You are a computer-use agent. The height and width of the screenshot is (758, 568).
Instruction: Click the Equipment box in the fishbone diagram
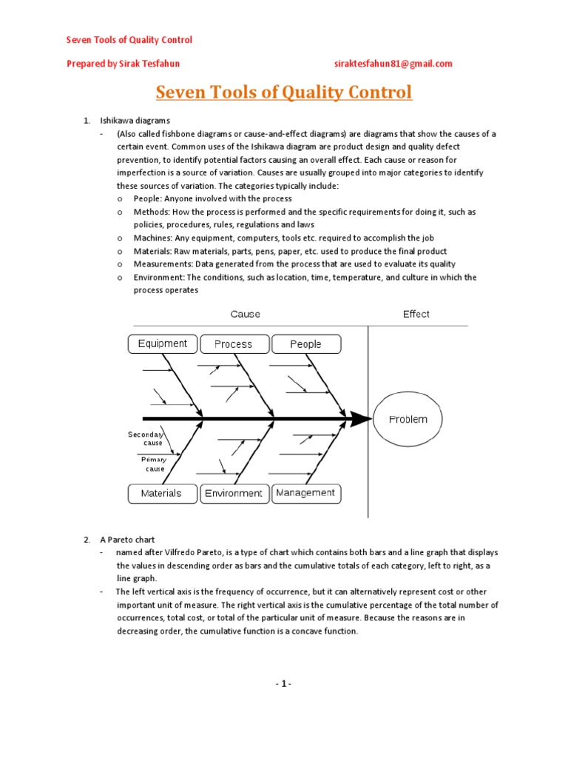[163, 343]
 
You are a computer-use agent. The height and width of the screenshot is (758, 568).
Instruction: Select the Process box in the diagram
[233, 344]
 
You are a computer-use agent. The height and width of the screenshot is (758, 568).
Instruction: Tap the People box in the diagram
[305, 344]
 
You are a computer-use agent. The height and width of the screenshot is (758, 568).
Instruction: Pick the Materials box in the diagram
[161, 493]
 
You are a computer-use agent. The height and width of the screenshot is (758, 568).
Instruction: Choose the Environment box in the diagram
[234, 493]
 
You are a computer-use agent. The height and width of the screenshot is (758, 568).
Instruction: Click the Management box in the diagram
[305, 493]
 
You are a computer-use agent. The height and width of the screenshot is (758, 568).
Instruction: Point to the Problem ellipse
[408, 420]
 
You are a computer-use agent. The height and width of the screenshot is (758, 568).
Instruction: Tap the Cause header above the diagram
[246, 314]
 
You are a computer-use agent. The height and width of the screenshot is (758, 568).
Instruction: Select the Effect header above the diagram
[416, 314]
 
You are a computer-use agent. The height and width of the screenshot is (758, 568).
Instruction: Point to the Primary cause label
[155, 464]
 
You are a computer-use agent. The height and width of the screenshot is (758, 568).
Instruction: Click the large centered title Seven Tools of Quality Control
[283, 93]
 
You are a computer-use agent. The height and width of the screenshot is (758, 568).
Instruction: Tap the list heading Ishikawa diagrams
[135, 120]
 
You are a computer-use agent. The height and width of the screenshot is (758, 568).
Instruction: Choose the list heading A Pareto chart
[127, 540]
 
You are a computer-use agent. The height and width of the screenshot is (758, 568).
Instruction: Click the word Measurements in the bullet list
[158, 264]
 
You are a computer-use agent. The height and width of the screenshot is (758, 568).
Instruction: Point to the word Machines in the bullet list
[151, 238]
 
